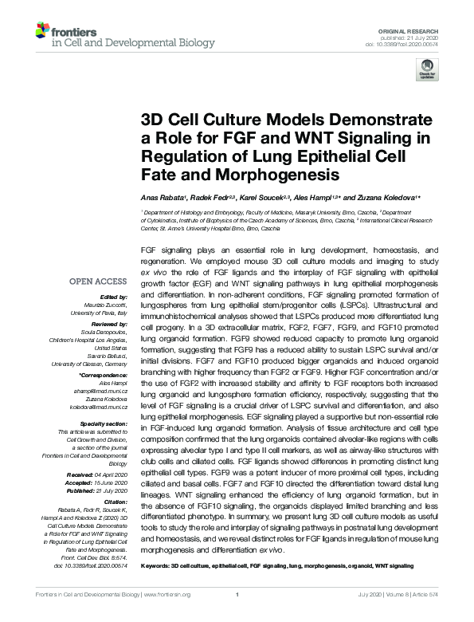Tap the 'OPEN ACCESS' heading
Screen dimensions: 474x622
click(x=99, y=281)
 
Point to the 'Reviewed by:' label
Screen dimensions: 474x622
click(x=108, y=325)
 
